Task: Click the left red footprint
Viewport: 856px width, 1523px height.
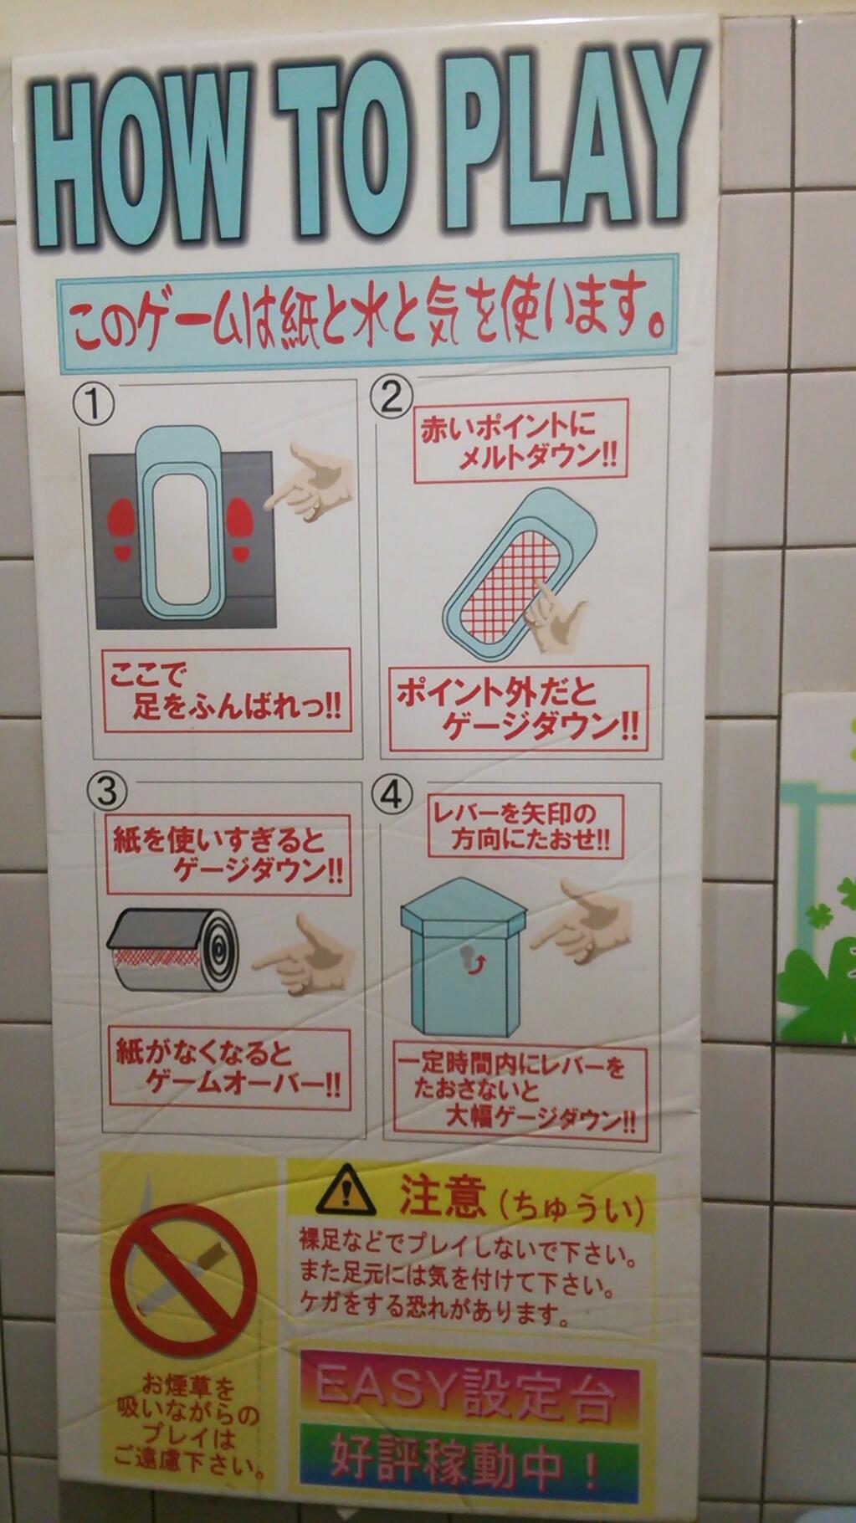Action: [122, 530]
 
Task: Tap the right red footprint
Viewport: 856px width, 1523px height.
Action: [241, 529]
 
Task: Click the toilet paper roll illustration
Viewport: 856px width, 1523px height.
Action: [173, 950]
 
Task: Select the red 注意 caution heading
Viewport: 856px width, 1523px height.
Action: [442, 1197]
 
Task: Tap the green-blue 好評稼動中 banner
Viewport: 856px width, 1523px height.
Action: [469, 1461]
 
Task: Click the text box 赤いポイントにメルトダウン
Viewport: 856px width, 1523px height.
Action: [520, 441]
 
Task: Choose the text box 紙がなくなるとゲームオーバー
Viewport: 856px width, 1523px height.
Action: [228, 1069]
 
